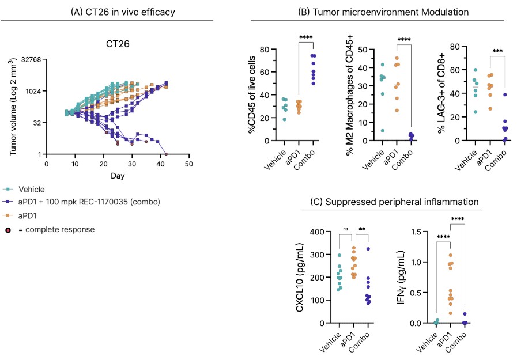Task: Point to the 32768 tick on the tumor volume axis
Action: tap(29, 60)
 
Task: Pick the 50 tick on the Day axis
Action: tap(188, 164)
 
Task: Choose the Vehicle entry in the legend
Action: tap(31, 189)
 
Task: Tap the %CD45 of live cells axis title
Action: tap(252, 95)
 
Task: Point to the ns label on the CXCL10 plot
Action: tap(346, 229)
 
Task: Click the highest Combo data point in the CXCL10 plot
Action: tap(367, 249)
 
